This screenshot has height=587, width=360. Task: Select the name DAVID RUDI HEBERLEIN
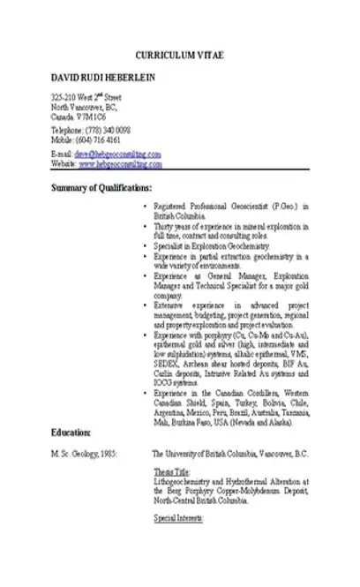click(103, 79)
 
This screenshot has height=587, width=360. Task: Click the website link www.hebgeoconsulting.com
click(119, 163)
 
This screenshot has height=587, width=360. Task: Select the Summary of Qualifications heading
click(101, 187)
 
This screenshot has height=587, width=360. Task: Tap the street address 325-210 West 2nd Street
click(86, 95)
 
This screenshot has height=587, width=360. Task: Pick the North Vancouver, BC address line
click(84, 106)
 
